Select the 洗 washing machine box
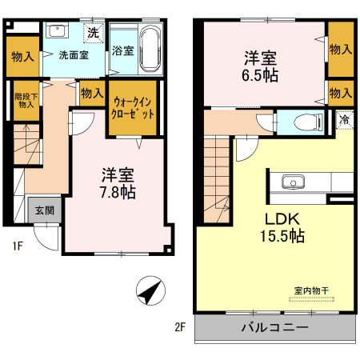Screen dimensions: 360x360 coord(94,33)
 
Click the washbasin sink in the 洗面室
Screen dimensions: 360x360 coord(58,32)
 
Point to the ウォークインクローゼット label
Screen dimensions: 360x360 coord(133,108)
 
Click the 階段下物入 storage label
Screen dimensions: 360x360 coord(25,100)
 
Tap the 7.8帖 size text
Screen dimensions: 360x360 coord(117,192)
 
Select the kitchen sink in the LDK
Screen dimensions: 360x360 coord(290,181)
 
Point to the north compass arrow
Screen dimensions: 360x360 coord(149,291)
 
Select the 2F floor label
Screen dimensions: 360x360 coord(180,327)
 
